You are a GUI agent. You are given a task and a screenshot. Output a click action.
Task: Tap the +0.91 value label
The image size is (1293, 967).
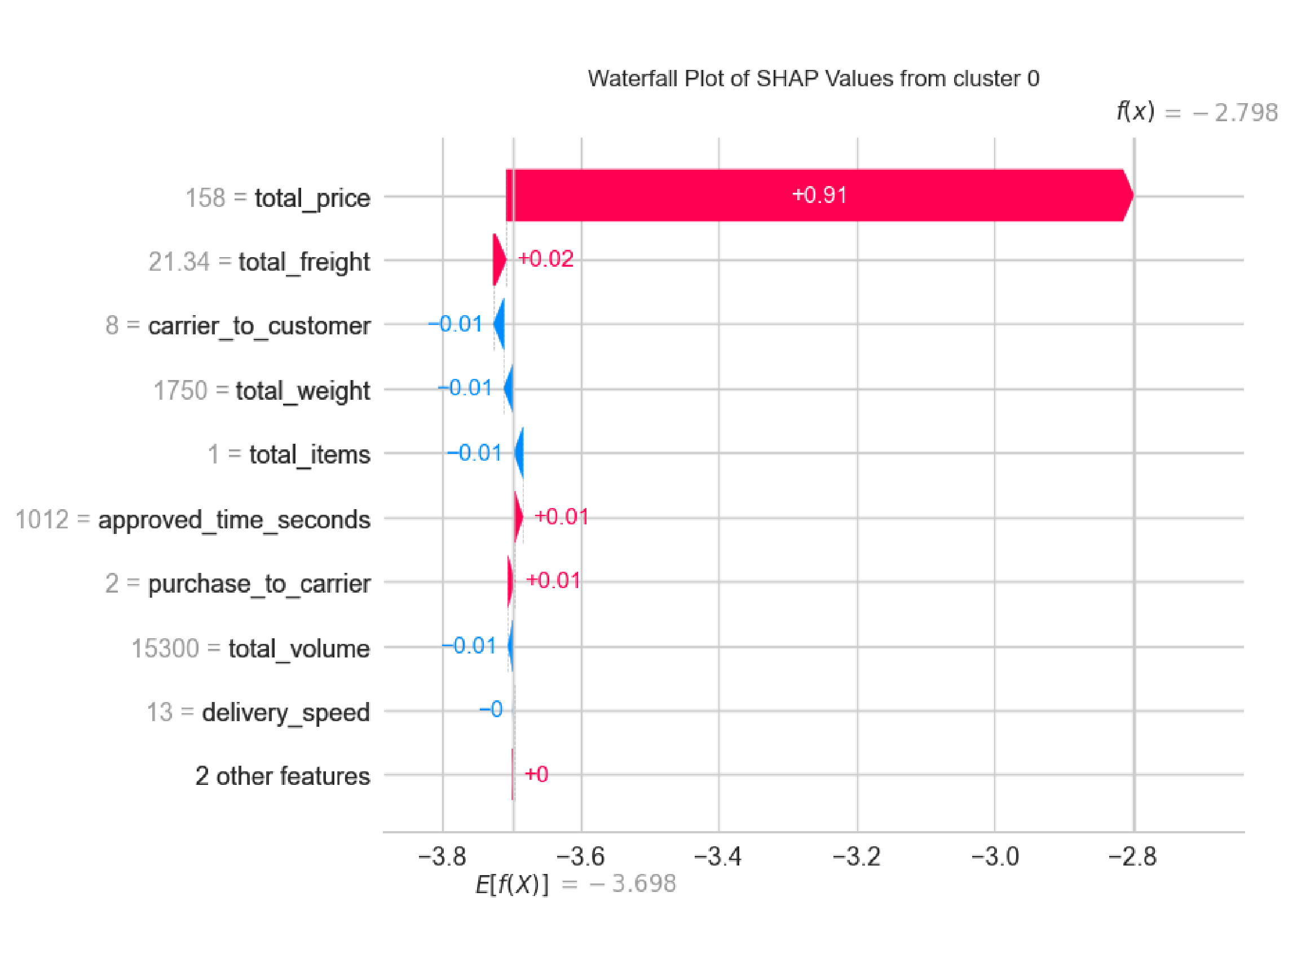coord(819,195)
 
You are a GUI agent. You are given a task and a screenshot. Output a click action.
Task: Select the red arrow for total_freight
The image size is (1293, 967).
coord(498,259)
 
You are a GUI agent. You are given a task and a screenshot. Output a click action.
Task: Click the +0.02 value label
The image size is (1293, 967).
coord(546,259)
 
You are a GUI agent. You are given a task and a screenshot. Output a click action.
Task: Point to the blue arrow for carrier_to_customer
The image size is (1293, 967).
coord(499,324)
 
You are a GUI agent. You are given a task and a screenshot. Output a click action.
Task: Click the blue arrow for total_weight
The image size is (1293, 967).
coord(509,387)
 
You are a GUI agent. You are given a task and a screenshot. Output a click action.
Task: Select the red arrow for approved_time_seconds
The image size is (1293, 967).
coord(518,517)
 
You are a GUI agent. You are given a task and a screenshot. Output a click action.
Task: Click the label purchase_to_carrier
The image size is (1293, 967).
coord(259,584)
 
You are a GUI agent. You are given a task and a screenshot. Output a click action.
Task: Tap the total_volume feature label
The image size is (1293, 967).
coord(299,648)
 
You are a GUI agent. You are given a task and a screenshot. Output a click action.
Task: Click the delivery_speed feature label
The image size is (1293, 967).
coord(285,712)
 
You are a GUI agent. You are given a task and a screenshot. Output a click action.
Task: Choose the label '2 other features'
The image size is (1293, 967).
coord(283,776)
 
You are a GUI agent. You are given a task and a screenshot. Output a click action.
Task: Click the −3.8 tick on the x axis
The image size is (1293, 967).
coord(443,856)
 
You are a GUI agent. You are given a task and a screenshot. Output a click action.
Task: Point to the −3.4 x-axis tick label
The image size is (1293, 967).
coord(718,856)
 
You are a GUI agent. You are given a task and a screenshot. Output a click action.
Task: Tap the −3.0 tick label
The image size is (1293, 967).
coord(995,856)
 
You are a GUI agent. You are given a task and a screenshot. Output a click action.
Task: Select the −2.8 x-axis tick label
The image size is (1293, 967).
coord(1133,856)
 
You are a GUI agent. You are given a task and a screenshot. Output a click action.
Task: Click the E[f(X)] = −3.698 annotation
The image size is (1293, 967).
coord(575,884)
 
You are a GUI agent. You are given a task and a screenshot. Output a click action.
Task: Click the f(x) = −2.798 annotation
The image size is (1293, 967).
coord(1196,111)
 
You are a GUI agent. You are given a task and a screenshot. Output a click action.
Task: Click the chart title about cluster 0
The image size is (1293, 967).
coord(813,78)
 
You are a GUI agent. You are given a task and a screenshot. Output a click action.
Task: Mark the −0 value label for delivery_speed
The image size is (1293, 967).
coord(491,710)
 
